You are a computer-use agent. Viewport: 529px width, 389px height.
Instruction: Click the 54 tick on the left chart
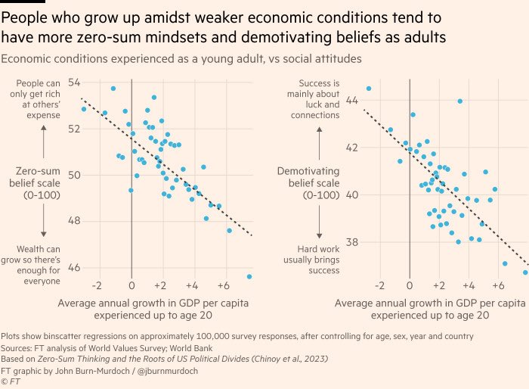[75, 82]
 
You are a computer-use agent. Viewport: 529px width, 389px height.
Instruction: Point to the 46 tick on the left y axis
[75, 267]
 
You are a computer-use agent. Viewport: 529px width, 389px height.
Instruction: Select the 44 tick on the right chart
[353, 100]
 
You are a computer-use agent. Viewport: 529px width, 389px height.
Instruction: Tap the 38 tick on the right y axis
[353, 242]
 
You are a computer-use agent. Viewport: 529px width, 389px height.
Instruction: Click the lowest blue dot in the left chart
[249, 277]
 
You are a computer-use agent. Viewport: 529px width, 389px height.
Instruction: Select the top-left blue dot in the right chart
[369, 89]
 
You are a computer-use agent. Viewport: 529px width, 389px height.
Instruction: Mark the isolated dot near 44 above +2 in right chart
[459, 101]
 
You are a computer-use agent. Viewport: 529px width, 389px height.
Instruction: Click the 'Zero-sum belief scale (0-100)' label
[44, 183]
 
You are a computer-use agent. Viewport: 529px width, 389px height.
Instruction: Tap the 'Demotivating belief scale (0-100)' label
[318, 183]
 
